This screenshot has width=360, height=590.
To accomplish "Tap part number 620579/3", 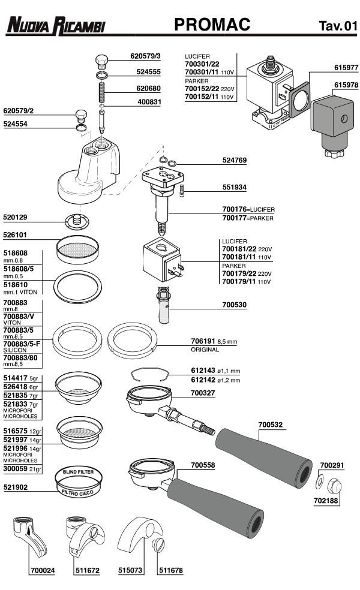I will pyautogui.click(x=146, y=56).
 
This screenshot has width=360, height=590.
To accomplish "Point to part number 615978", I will pyautogui.click(x=346, y=85).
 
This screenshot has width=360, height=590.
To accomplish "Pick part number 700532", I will pyautogui.click(x=270, y=425).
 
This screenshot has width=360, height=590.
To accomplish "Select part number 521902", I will pyautogui.click(x=16, y=488).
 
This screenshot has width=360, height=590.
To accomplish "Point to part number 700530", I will pyautogui.click(x=235, y=305).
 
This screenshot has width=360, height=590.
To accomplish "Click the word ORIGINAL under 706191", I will pyautogui.click(x=205, y=349).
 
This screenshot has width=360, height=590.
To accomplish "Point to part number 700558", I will pyautogui.click(x=203, y=465).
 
